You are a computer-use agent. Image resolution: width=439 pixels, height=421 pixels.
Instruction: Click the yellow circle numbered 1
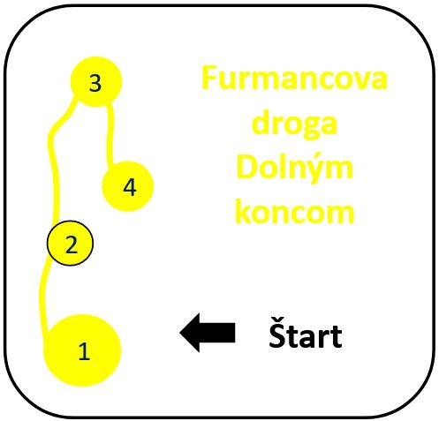point(82,350)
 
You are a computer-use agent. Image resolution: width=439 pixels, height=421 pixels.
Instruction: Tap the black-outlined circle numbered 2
point(70,244)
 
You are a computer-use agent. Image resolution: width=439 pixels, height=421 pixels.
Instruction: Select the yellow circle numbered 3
point(96,81)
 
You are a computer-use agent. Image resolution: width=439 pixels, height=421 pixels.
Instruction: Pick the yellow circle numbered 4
point(128,186)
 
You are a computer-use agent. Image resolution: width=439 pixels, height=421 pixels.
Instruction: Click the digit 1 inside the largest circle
point(84,351)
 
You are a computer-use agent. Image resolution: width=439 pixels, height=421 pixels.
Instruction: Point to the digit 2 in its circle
point(72,244)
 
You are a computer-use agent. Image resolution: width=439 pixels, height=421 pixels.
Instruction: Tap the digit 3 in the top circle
point(95,83)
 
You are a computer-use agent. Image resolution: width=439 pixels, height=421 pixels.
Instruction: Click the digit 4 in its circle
point(130,187)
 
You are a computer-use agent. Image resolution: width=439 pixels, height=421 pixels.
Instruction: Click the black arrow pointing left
point(208,333)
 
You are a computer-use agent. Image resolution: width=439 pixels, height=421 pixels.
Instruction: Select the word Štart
point(306,333)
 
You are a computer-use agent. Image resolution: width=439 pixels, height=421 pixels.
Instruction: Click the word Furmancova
point(294,78)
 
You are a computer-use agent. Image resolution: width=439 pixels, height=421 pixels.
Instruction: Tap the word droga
point(294,124)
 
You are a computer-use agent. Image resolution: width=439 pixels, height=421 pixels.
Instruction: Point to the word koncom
point(294,212)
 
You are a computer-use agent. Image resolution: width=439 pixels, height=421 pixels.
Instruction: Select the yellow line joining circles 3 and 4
point(110,134)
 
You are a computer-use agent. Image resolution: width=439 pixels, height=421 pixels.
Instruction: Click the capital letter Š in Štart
point(278,333)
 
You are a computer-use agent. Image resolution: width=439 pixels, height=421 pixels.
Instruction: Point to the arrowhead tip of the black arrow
point(180,333)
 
